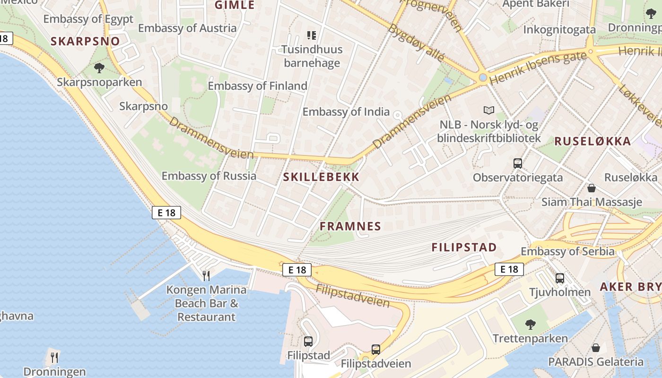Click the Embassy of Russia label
[x=209, y=176]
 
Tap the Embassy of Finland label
[x=257, y=86]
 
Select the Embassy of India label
[x=346, y=112]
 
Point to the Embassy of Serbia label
[x=567, y=251]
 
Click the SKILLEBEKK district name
[x=321, y=177]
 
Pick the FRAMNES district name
[x=350, y=226]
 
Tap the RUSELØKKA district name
[x=592, y=141]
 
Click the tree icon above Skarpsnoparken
[x=99, y=68]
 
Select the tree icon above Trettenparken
[x=530, y=325]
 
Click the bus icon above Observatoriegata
[x=518, y=163]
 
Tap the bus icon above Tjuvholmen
[x=560, y=278]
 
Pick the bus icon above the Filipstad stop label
[x=308, y=341]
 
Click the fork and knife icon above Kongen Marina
[x=206, y=275]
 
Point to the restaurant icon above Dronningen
[x=54, y=357]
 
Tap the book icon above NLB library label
[x=489, y=110]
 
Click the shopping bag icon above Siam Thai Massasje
[x=592, y=188]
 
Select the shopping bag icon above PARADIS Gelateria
[x=596, y=348]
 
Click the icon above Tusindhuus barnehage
[x=311, y=34]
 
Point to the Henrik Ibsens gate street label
[x=537, y=68]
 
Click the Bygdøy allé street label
[x=416, y=43]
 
